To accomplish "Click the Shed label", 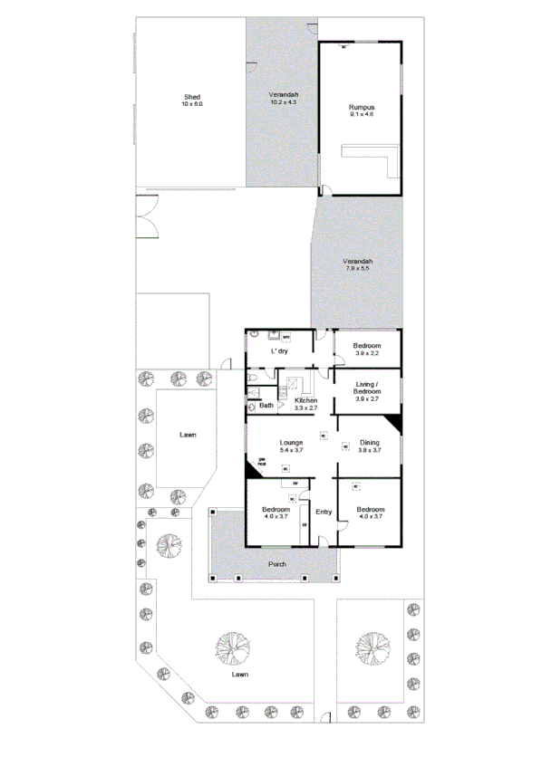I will (192, 101).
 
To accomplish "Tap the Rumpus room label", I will (362, 112).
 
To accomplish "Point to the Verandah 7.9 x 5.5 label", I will (358, 265).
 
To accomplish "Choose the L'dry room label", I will (279, 350).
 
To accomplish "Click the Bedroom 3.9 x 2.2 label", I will (366, 350).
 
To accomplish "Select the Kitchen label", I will (305, 404).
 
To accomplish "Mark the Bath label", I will (266, 405).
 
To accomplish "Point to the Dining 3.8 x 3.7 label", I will (369, 446).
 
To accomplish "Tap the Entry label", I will (324, 513).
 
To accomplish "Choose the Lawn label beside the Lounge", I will (188, 436).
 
